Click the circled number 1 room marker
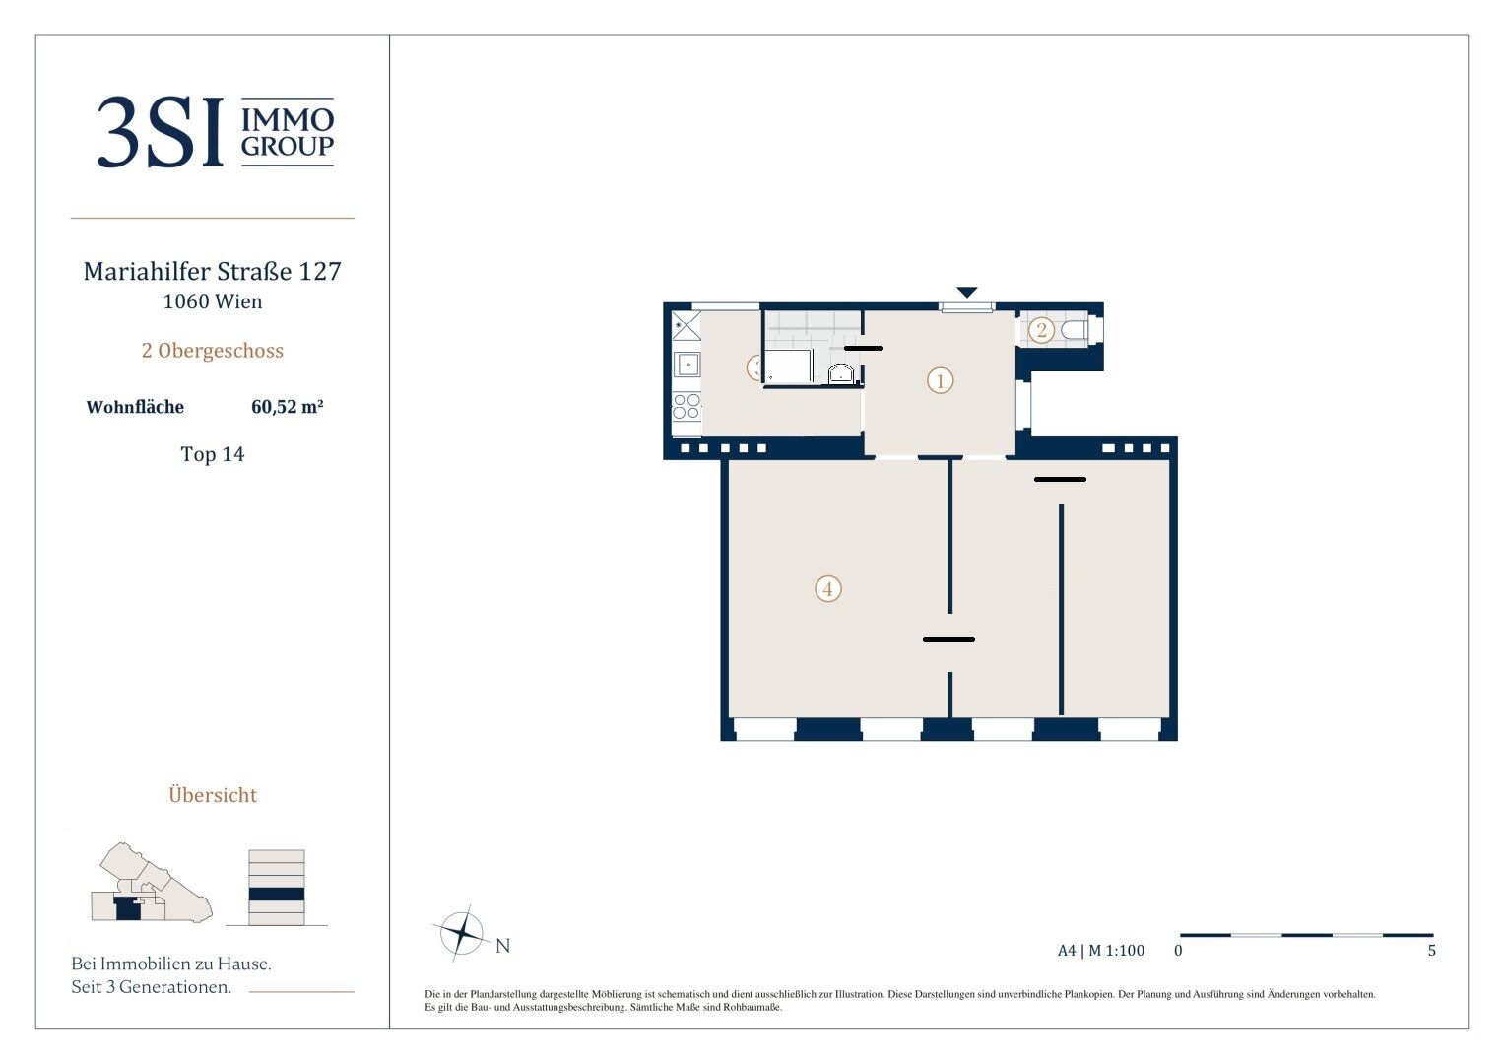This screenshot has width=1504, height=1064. point(940,381)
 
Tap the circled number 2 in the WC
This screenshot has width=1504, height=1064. point(1041,330)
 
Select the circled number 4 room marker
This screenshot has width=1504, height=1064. point(828,589)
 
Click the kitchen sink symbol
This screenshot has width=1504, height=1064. point(687,365)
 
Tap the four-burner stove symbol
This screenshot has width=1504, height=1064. point(687,406)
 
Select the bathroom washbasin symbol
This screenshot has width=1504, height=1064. point(840,373)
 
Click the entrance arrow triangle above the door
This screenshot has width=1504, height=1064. point(967,293)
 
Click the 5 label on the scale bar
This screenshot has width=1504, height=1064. point(1431,951)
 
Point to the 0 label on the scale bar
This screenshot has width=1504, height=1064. point(1178,951)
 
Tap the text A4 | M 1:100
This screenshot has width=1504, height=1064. point(1100,951)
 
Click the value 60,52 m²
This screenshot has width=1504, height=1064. point(288,406)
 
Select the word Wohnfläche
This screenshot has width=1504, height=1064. point(135,407)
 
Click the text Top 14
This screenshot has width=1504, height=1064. point(212,454)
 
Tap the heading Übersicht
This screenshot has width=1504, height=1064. point(213,795)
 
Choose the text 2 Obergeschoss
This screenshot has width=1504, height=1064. point(212,351)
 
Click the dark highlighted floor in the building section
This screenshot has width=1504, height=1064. point(277,895)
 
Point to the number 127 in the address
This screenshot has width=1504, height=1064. point(319,271)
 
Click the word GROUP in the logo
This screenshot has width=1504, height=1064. point(288,146)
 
